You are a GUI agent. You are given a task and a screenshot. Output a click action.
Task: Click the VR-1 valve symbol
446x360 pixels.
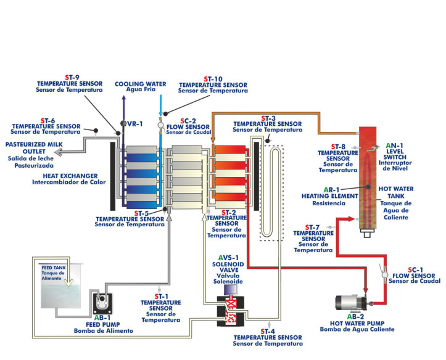tap(123, 124)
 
